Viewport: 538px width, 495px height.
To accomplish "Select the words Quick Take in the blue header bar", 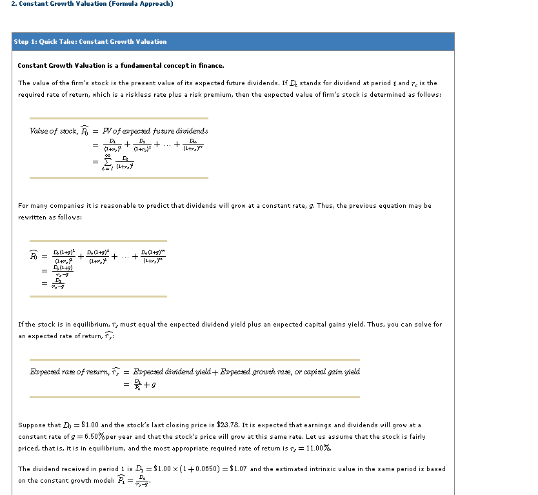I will click(x=57, y=42).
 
